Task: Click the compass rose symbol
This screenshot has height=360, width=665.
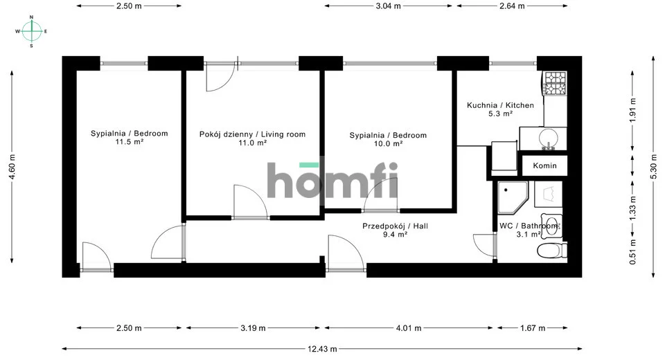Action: (x=31, y=31)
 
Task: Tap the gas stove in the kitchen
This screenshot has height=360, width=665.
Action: (x=556, y=83)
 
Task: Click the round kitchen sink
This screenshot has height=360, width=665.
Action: (x=549, y=138)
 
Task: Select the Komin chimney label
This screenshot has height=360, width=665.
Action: (x=544, y=165)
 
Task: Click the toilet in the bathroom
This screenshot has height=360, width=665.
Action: (x=552, y=250)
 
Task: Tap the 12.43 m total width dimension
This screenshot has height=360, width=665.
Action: (x=322, y=349)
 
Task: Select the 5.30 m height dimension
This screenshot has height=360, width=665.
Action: (x=653, y=165)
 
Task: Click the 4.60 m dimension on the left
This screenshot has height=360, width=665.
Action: (x=12, y=166)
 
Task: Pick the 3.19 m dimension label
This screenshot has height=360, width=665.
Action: (x=254, y=328)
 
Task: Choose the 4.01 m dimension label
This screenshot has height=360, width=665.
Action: (x=409, y=328)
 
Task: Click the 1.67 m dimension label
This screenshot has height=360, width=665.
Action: (x=533, y=328)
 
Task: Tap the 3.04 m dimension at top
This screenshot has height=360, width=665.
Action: (x=388, y=6)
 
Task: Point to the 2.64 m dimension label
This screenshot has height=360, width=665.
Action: (x=512, y=6)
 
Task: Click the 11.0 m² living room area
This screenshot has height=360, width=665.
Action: (x=252, y=143)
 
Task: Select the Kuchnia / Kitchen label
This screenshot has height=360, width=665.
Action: (x=500, y=105)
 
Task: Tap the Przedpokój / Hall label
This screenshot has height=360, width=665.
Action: (x=396, y=226)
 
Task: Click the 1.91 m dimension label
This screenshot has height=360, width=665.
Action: (x=632, y=110)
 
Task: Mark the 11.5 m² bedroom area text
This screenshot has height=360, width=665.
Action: (x=130, y=142)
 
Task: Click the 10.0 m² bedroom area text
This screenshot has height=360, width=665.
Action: (x=388, y=144)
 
